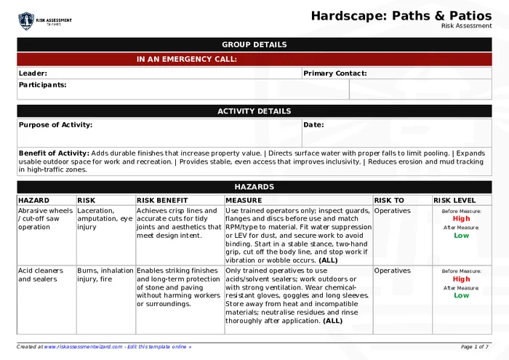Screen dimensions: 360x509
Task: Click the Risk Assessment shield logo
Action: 26,20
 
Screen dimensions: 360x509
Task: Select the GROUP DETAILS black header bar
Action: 254,44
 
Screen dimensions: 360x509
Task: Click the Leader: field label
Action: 33,73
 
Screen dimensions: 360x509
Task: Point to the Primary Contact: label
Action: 334,73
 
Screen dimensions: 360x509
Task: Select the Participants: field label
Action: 42,85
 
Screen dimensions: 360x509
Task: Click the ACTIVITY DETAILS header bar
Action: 254,111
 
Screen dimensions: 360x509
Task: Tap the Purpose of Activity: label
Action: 55,125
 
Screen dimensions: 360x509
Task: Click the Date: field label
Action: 313,125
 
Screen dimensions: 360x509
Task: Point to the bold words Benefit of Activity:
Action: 54,153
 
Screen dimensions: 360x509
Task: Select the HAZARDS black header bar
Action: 254,187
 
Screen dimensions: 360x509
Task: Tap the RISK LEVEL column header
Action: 454,200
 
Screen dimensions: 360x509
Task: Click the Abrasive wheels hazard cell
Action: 45,218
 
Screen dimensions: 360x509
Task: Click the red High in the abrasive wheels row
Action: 461,219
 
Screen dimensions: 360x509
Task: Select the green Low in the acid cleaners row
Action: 461,295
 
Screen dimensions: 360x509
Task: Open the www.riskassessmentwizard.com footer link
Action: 83,347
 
